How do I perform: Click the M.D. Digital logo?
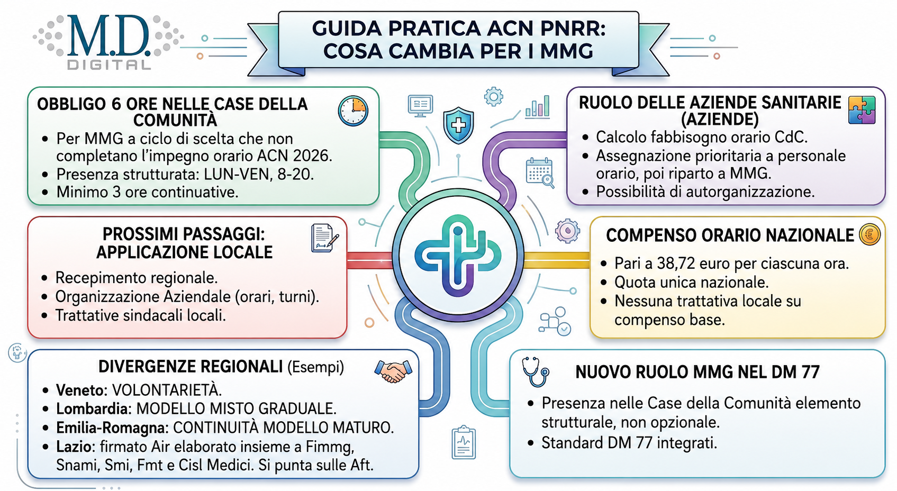108,42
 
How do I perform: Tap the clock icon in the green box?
353,111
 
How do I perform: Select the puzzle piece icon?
862,110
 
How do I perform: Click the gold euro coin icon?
869,234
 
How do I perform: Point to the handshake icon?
393,371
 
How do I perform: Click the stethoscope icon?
535,372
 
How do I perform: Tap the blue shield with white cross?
458,125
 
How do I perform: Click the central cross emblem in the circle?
458,256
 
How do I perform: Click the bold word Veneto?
80,389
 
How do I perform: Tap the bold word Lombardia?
94,408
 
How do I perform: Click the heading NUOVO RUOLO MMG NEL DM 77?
697,372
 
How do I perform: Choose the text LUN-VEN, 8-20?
259,174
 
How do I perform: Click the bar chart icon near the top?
537,106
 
